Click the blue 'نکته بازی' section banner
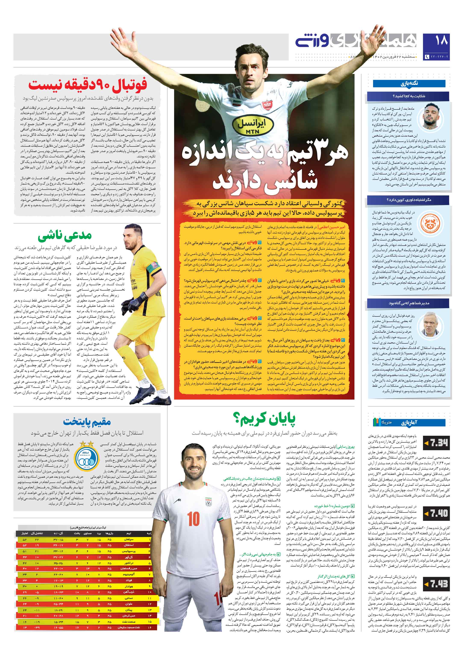409,83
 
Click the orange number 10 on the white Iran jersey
193,519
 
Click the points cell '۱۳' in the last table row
25,628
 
